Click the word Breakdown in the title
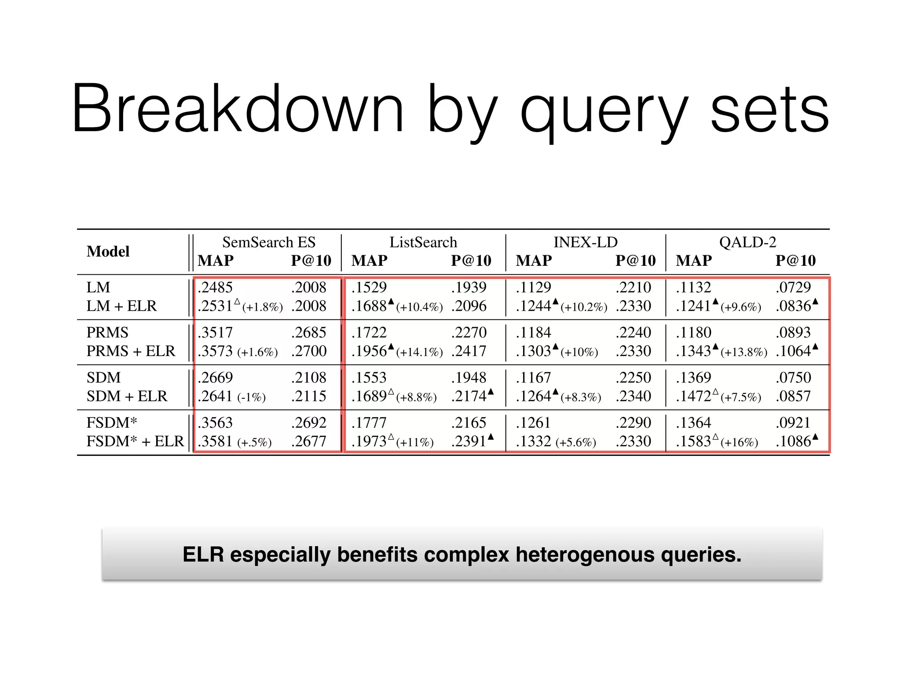point(238,109)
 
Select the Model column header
point(108,251)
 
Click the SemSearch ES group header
point(268,242)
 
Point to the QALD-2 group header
point(747,242)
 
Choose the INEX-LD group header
point(585,242)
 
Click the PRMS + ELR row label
point(131,351)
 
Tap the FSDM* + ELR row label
point(135,441)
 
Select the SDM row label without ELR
point(103,378)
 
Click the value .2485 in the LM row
point(215,287)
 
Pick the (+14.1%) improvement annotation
point(419,352)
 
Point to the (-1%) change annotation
point(252,397)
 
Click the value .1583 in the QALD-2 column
point(693,441)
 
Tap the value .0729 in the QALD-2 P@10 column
point(793,287)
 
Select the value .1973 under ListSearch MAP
point(369,441)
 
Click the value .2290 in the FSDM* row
point(634,422)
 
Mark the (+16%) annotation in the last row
point(739,442)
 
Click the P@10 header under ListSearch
point(471,261)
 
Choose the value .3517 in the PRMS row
point(215,333)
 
